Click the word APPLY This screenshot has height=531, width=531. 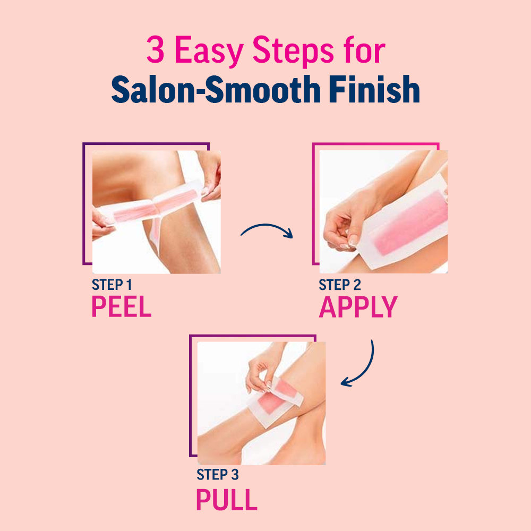(x=358, y=306)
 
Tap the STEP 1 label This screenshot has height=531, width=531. (x=112, y=285)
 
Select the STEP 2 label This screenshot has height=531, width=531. (x=339, y=285)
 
